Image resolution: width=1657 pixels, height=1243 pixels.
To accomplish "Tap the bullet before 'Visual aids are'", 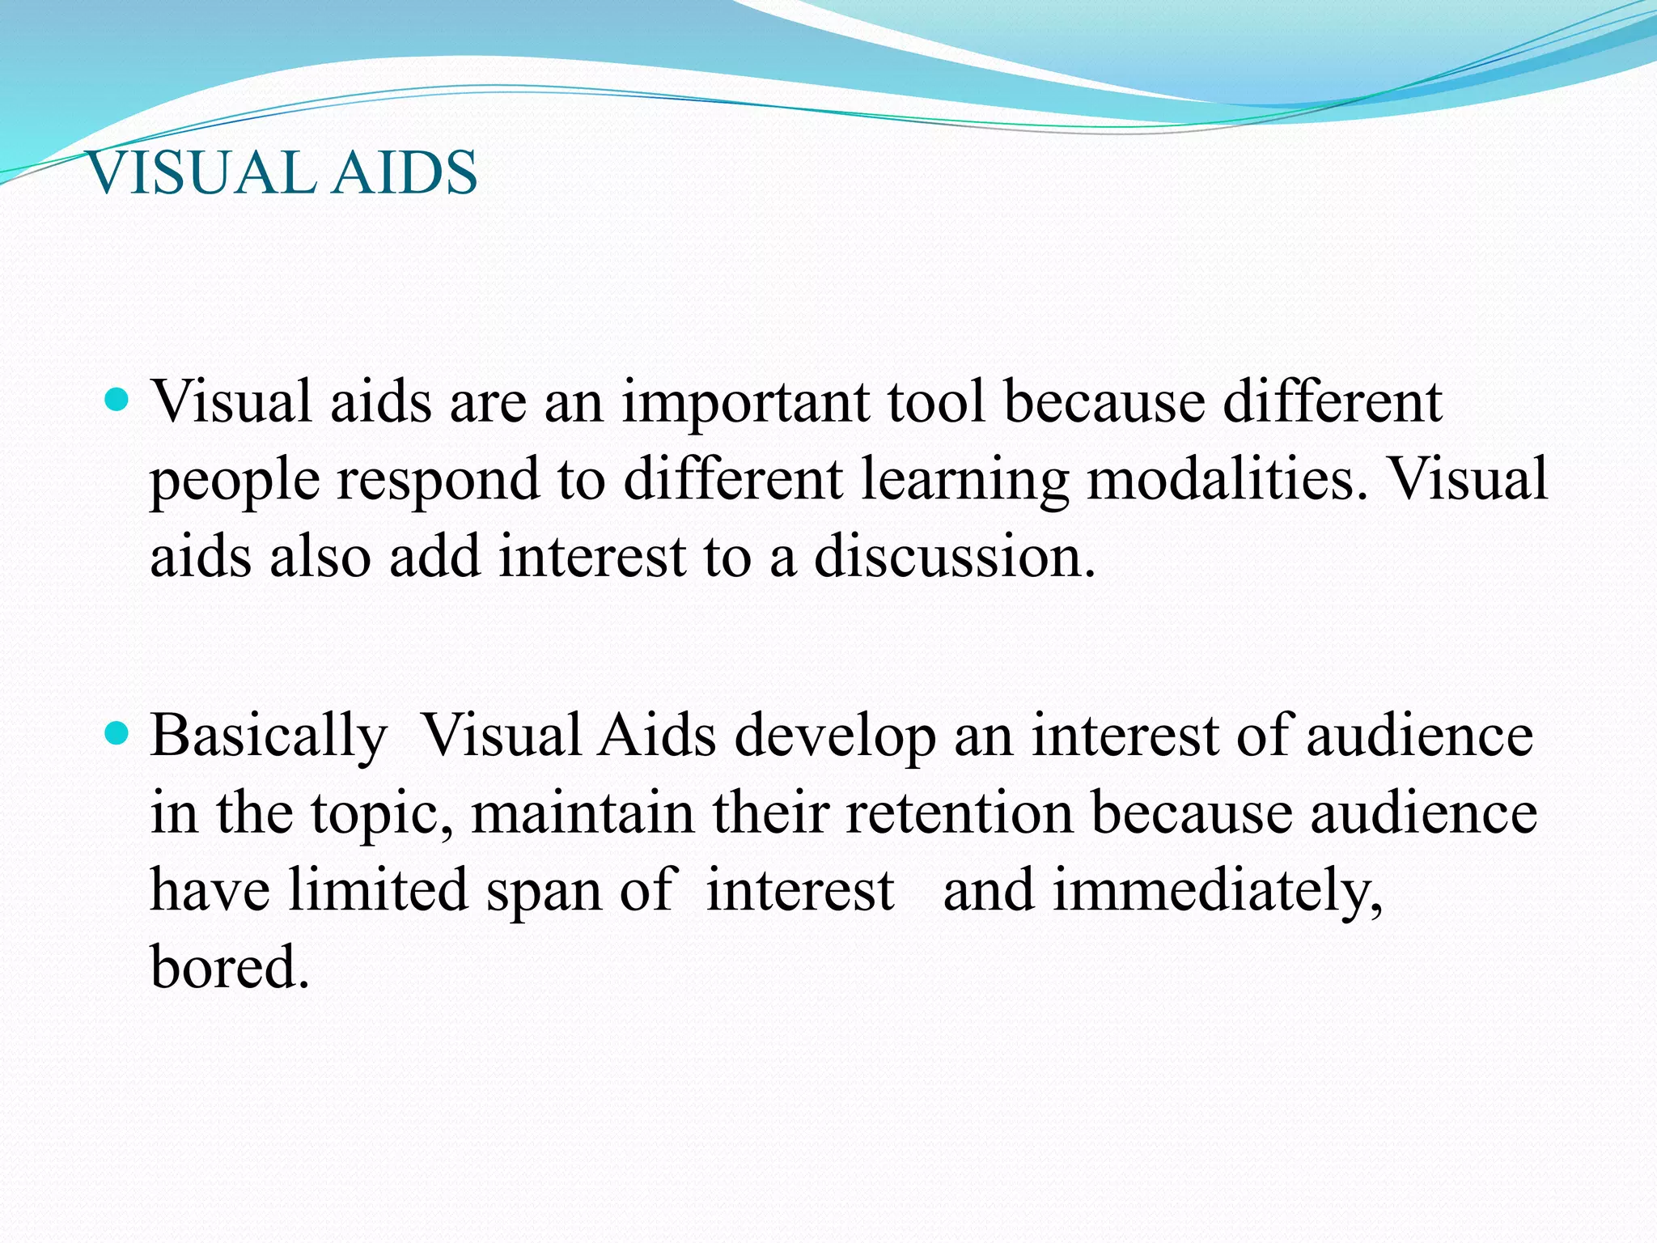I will point(117,400).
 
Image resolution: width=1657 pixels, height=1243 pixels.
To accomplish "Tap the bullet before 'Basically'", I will point(117,734).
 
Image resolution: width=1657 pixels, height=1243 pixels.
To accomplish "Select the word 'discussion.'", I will point(955,557).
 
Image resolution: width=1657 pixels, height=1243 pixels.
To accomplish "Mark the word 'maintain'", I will point(583,813).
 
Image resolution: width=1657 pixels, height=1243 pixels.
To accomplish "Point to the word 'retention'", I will point(960,813).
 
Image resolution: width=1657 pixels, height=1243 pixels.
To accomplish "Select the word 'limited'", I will point(378,890).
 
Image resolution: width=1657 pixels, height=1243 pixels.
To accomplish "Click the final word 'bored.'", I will point(230,966).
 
